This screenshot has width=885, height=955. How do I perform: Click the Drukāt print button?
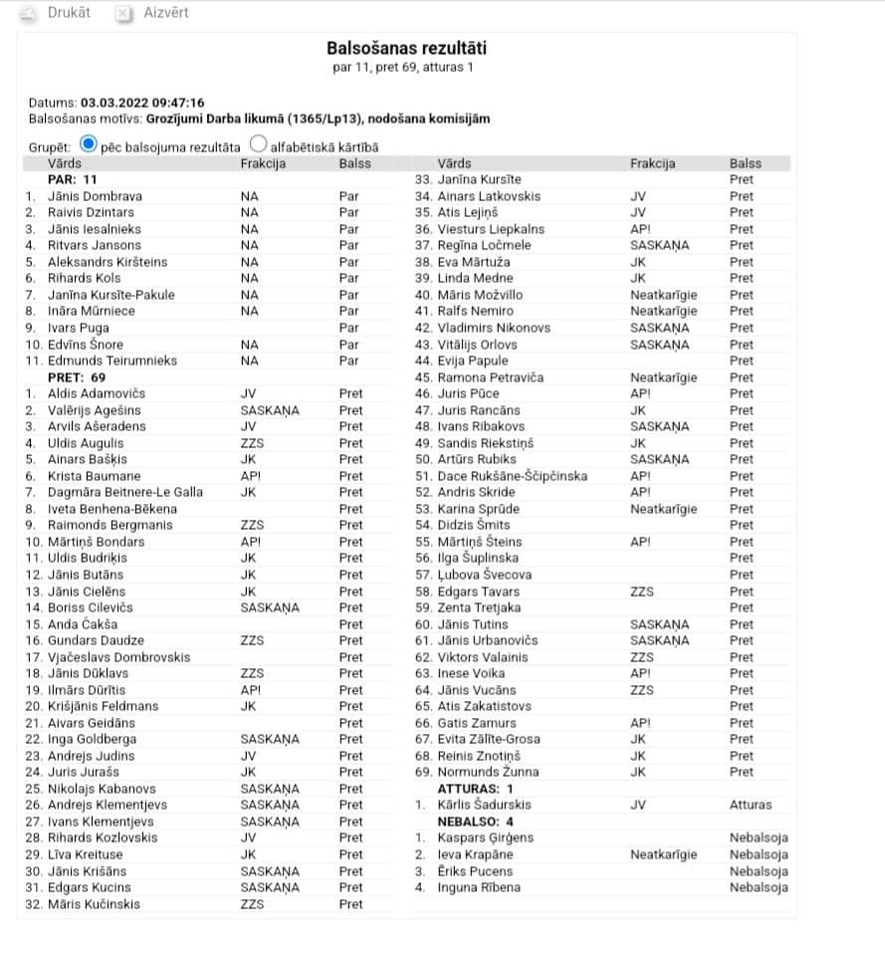[x=58, y=13]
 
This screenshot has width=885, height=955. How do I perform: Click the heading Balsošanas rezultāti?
[x=407, y=48]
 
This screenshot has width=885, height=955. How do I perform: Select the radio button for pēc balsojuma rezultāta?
[x=89, y=144]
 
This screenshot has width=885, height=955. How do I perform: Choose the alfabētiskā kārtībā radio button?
[x=259, y=144]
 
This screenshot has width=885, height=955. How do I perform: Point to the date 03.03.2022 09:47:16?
[x=142, y=103]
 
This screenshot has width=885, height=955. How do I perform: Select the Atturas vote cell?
[x=750, y=805]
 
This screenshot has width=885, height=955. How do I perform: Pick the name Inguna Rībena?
[x=479, y=887]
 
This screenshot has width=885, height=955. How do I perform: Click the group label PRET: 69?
[x=77, y=377]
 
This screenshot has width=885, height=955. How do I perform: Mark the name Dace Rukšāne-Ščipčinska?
[x=513, y=476]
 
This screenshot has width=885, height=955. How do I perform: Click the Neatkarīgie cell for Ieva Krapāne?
[x=663, y=854]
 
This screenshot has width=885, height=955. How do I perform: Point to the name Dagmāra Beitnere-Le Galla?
[x=124, y=492]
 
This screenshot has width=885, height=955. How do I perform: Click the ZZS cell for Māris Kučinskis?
[x=252, y=904]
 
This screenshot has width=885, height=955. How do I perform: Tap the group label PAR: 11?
[x=73, y=179]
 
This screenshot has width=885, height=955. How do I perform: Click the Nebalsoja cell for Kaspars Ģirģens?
[x=758, y=837]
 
